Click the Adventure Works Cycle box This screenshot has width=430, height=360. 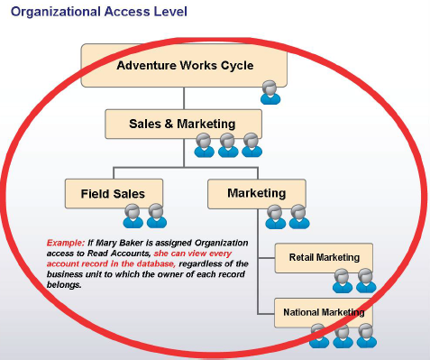pyautogui.click(x=185, y=65)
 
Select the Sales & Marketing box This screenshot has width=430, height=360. pyautogui.click(x=183, y=124)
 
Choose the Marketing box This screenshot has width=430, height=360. pyautogui.click(x=257, y=193)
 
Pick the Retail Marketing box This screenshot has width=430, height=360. pyautogui.click(x=324, y=258)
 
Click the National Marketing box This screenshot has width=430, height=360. pyautogui.click(x=324, y=313)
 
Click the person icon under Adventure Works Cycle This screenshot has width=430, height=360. pyautogui.click(x=270, y=91)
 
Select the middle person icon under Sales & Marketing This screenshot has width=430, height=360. pyautogui.click(x=228, y=144)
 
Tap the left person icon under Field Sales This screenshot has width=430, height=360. pyautogui.click(x=133, y=215)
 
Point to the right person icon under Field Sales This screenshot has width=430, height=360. pyautogui.click(x=157, y=215)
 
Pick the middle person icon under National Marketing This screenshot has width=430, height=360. pyautogui.click(x=342, y=336)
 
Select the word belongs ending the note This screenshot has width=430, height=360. pyautogui.click(x=62, y=285)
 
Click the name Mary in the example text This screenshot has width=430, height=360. pyautogui.click(x=109, y=243)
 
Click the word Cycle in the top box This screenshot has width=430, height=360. pyautogui.click(x=235, y=65)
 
